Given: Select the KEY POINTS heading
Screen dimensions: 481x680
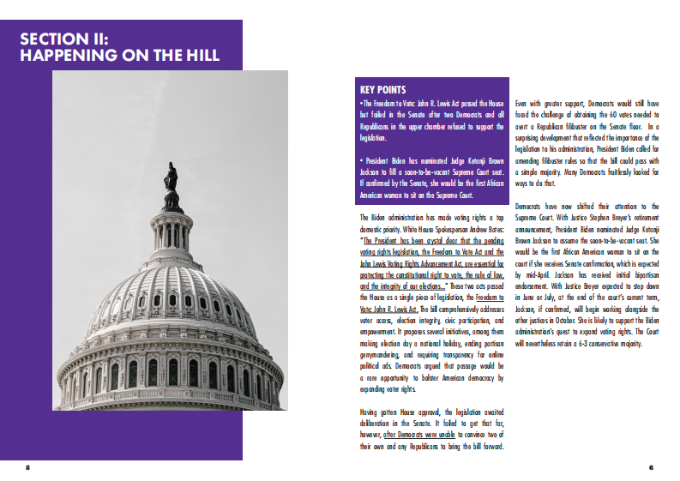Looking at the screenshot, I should [382, 89].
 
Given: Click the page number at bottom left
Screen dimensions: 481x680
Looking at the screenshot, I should [27, 467].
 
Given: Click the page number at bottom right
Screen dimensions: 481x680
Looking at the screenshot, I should [652, 467].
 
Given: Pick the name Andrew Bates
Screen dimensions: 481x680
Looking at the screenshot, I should [484, 230].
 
